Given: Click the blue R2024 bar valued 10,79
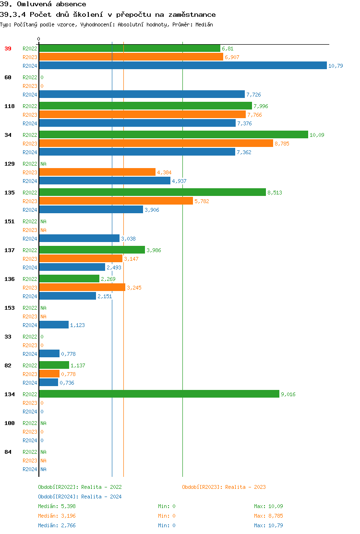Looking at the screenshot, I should click(183, 66).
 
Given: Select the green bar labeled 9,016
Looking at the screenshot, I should click(159, 394).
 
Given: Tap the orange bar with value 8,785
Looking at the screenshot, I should click(156, 144).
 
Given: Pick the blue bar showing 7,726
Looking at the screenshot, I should click(142, 95).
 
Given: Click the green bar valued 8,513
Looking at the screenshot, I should click(152, 193).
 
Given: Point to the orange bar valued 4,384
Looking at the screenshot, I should click(97, 172).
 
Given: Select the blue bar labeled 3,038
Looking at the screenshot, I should click(79, 239).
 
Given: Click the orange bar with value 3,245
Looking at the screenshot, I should click(82, 288).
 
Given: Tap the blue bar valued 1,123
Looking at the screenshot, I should click(54, 325).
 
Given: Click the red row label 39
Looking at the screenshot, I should click(8, 49).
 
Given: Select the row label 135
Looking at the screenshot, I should click(10, 193).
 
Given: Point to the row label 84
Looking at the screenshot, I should click(8, 452).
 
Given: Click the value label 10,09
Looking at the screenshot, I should click(317, 135).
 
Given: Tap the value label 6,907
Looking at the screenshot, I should click(232, 57).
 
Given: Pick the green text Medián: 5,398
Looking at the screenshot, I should click(57, 506).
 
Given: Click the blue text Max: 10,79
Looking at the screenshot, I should click(268, 525).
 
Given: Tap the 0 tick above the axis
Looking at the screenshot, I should click(39, 39).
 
